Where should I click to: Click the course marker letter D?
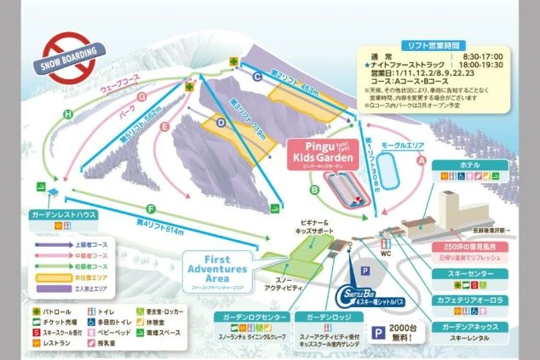[220, 122]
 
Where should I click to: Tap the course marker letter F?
[151, 208]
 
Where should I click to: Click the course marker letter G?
[142, 97]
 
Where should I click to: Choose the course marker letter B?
[314, 189]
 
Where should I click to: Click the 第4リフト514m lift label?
[160, 222]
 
